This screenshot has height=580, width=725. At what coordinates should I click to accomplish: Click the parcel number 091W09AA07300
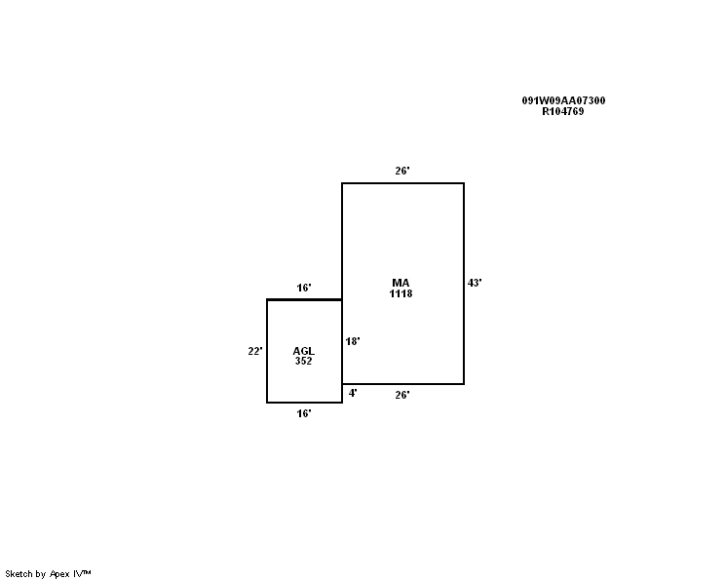pos(563,100)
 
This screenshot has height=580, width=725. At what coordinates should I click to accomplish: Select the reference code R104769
pos(563,111)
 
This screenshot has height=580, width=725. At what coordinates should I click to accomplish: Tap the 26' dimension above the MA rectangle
pos(402,171)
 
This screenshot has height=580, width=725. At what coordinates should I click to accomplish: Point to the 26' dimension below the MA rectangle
pos(402,395)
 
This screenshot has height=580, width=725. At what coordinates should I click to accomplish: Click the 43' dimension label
pos(475,283)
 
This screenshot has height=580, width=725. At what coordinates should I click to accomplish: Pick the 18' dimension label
pos(353,341)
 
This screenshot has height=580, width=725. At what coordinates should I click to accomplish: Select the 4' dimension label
pos(353,393)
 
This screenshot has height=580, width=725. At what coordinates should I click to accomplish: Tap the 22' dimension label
pos(255,351)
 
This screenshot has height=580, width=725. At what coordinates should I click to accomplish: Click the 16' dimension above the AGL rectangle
pos(304,288)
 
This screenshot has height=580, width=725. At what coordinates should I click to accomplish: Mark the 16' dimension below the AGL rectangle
pos(304,413)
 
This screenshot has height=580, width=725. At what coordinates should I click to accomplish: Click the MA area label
pos(401,283)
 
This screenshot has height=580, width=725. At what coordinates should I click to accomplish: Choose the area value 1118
pos(401,293)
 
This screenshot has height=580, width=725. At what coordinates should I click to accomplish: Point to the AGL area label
pos(303,351)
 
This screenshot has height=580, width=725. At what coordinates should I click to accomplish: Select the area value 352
pos(303,362)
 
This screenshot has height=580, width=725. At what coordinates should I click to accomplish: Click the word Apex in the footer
pos(59,574)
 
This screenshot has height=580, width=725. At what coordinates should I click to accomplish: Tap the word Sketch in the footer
pos(19,574)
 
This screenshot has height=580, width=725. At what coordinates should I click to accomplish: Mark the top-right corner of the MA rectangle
pos(464,183)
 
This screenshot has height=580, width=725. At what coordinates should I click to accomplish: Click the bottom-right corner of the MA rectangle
pos(464,384)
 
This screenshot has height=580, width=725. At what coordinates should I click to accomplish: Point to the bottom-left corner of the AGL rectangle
pos(267,403)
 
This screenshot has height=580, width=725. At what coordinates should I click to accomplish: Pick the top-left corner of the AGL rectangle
pos(267,299)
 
